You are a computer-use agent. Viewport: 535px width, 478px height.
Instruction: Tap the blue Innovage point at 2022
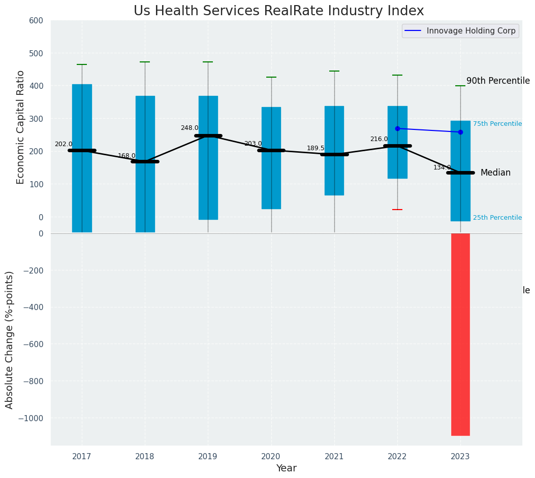coord(397,128)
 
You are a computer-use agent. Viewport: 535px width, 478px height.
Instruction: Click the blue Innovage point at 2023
coord(460,132)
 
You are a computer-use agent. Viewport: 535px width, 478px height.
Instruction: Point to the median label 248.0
coord(190,128)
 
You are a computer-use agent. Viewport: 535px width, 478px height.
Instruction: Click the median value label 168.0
coord(127,156)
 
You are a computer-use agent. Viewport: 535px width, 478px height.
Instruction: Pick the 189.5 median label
coord(316,148)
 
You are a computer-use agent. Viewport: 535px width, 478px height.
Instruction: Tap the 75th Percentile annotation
coord(497,124)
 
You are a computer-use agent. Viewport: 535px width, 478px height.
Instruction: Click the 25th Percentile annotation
coord(497,218)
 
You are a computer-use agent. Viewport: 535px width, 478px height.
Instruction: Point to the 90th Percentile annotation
coord(498,81)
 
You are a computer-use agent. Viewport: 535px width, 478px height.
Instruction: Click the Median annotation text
coord(495,173)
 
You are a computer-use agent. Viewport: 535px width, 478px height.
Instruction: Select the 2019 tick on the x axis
coord(208,456)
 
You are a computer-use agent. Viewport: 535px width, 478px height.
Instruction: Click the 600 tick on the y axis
coord(40,21)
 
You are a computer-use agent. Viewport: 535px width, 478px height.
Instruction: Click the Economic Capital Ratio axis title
coord(21,127)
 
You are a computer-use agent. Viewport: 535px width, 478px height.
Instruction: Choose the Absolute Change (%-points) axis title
coord(10,339)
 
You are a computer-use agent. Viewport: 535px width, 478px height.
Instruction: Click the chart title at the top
coord(278,11)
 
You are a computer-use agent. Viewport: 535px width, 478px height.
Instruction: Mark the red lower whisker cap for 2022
coord(397,210)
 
